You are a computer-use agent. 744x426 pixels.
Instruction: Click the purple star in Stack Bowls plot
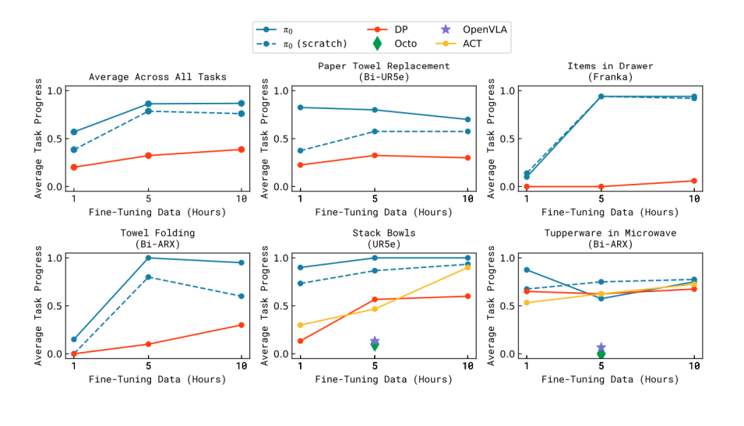click(375, 341)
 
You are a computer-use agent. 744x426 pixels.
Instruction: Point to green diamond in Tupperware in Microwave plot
click(601, 354)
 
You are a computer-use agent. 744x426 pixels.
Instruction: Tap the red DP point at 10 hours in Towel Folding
click(241, 325)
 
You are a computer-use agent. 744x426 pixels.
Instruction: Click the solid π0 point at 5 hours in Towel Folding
click(148, 258)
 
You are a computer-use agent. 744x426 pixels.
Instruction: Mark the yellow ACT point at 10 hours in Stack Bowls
click(467, 267)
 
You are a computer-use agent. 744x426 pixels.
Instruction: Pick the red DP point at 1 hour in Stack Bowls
click(301, 340)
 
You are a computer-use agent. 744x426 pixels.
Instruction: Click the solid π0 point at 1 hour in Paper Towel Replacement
click(301, 107)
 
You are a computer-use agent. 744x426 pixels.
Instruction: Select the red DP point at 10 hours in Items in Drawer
click(694, 181)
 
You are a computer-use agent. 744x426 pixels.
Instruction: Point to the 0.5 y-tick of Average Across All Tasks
click(53, 139)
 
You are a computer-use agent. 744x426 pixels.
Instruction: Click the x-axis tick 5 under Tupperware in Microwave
click(601, 366)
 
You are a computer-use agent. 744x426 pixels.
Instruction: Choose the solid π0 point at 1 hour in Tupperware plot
click(527, 269)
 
